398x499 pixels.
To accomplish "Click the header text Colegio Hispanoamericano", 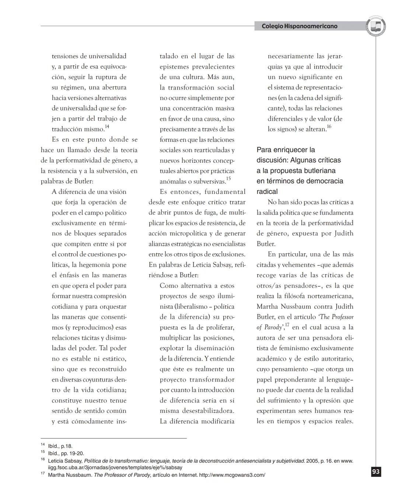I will click(x=299, y=26).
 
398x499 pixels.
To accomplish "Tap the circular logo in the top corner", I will click(x=376, y=26).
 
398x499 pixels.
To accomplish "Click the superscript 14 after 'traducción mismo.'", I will click(x=107, y=127).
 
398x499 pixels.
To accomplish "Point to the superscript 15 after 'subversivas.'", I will click(x=228, y=179).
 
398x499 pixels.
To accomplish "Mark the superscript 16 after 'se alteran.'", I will click(x=329, y=127).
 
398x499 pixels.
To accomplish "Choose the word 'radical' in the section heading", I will click(x=267, y=191).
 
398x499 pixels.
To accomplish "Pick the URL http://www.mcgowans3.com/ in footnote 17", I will click(x=232, y=475).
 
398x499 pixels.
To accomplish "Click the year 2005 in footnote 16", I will click(x=312, y=461).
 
